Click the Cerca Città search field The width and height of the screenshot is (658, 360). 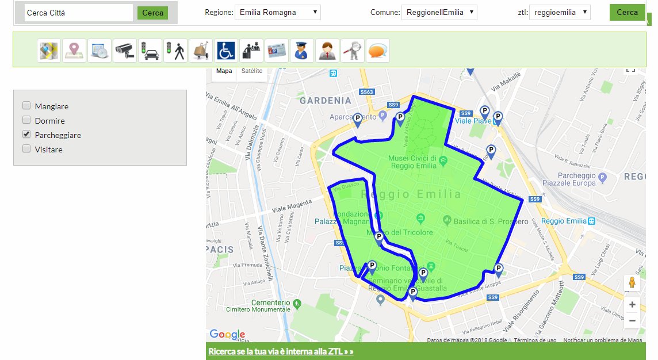point(78,13)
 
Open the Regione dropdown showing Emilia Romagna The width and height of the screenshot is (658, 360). point(278,12)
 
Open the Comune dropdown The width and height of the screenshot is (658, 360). point(439,12)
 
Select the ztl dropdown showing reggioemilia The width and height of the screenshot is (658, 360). point(559,12)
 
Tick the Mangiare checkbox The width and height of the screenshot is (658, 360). point(26,106)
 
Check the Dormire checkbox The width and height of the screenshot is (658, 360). point(26,120)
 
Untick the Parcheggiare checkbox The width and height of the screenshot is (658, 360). point(26,135)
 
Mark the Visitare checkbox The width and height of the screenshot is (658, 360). point(26,149)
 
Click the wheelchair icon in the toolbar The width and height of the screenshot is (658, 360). point(225,51)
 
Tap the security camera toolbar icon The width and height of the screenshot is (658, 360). point(125,51)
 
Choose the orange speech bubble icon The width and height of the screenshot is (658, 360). point(377,51)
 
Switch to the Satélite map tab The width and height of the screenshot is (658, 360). point(252,71)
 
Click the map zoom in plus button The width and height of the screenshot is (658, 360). point(632,305)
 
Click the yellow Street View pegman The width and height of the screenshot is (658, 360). point(632,283)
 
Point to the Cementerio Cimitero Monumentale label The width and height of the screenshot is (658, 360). point(271,306)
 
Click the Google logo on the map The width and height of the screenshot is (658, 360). point(227,334)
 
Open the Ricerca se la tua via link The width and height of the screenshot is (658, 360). point(281,351)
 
